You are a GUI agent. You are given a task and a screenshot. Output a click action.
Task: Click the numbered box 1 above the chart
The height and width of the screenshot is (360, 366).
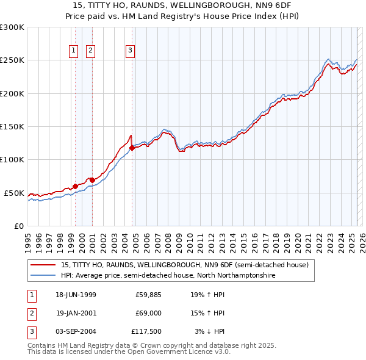click(x=73, y=51)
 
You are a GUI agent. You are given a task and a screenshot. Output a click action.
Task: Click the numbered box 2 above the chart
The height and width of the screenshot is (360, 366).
click(x=90, y=51)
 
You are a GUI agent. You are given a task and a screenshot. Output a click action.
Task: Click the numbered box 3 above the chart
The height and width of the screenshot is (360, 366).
click(x=131, y=51)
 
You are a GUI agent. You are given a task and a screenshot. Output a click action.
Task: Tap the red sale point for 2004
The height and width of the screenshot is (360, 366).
click(x=132, y=148)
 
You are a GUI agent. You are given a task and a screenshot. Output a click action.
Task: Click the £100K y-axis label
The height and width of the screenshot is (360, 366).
click(x=12, y=159)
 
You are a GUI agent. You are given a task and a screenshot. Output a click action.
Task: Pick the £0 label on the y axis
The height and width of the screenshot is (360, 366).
click(x=18, y=226)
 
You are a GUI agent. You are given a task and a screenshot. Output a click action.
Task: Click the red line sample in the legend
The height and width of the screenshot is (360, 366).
click(x=43, y=265)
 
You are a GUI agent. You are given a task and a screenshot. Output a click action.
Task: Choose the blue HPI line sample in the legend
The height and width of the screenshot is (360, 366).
click(x=43, y=275)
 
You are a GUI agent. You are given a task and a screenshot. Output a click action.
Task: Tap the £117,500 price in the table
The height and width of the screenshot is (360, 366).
click(x=146, y=331)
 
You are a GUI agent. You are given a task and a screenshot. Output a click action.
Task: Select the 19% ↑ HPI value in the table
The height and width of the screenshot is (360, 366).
click(x=208, y=295)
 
